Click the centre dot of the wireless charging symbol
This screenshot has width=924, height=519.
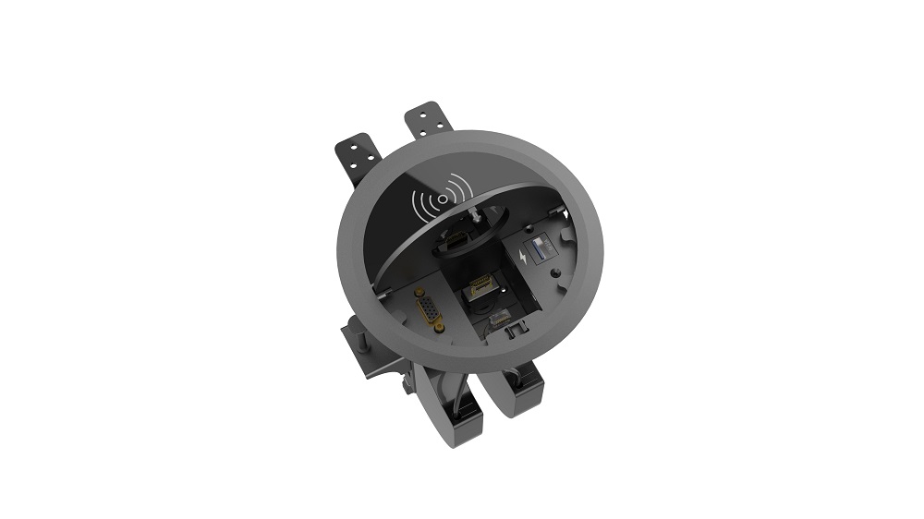443,198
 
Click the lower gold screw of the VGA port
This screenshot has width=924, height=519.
437,327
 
